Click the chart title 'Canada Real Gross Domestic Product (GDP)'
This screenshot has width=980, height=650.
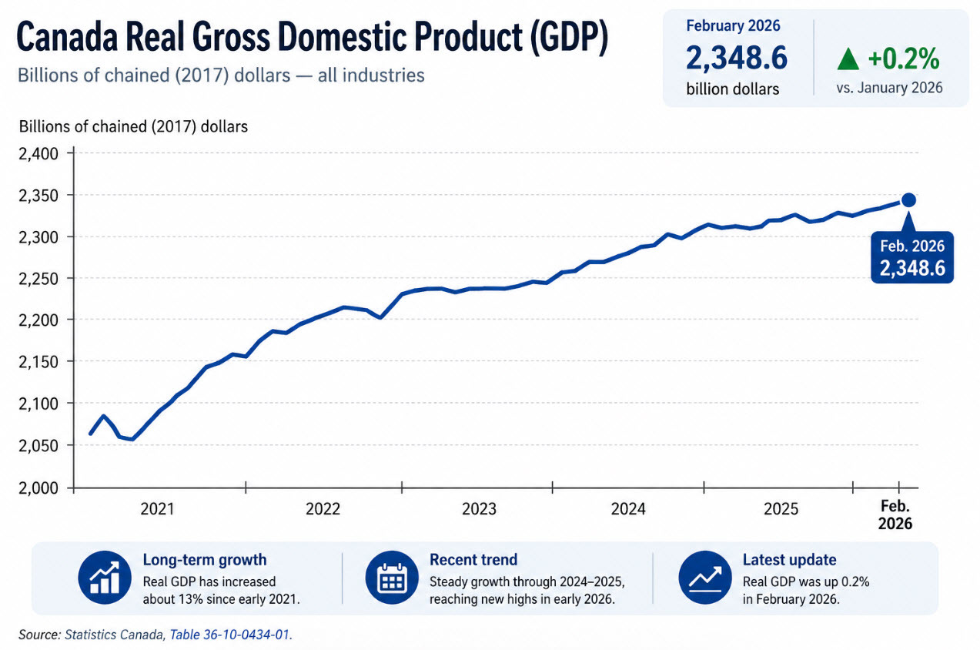tap(312, 39)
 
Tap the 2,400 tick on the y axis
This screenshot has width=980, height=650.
tap(38, 153)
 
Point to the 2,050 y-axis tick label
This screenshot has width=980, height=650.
tap(38, 446)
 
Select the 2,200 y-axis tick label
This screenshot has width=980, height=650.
tap(38, 320)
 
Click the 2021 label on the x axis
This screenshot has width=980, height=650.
tap(157, 509)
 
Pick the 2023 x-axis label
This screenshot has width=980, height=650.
tap(479, 509)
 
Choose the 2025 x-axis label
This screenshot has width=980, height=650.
tap(781, 509)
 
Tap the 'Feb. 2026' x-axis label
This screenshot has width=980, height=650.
tap(895, 514)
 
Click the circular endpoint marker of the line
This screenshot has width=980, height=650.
tap(908, 200)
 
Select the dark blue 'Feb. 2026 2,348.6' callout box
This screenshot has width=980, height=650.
tap(911, 258)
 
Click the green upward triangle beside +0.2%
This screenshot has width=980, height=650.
tap(848, 59)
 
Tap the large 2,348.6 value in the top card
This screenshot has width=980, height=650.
tap(736, 59)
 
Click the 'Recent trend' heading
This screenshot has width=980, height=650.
tap(473, 560)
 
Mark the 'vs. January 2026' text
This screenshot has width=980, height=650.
tap(890, 88)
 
